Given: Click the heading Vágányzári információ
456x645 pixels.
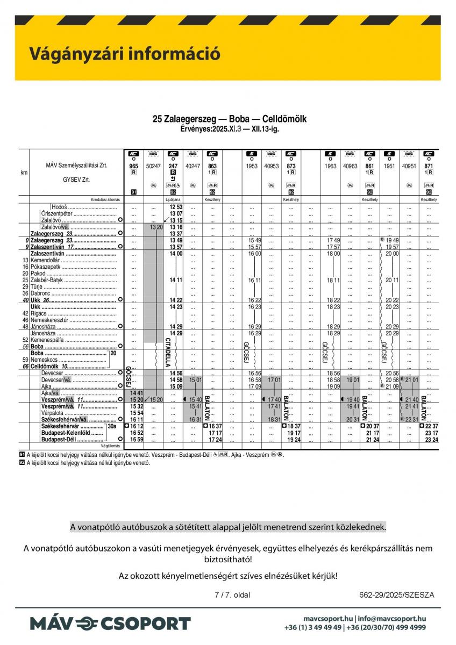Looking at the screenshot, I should point(124,54).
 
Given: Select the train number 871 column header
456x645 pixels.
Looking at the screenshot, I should point(429,167).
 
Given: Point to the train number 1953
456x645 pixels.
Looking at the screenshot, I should point(252,167).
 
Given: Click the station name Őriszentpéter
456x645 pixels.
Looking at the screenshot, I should point(58,213).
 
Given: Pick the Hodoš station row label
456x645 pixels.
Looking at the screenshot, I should point(60,207).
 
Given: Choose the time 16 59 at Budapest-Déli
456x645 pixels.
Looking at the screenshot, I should point(136,439).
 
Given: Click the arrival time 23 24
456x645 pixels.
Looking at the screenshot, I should point(431,439).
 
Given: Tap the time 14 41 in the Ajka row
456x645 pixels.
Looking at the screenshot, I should point(136,393).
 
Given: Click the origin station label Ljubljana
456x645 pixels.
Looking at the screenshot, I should point(173,199).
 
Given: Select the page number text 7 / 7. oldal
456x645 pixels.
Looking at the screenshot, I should point(232,594).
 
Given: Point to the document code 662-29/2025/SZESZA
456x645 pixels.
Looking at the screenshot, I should point(396,594).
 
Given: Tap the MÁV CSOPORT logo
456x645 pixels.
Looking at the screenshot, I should point(110,623).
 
